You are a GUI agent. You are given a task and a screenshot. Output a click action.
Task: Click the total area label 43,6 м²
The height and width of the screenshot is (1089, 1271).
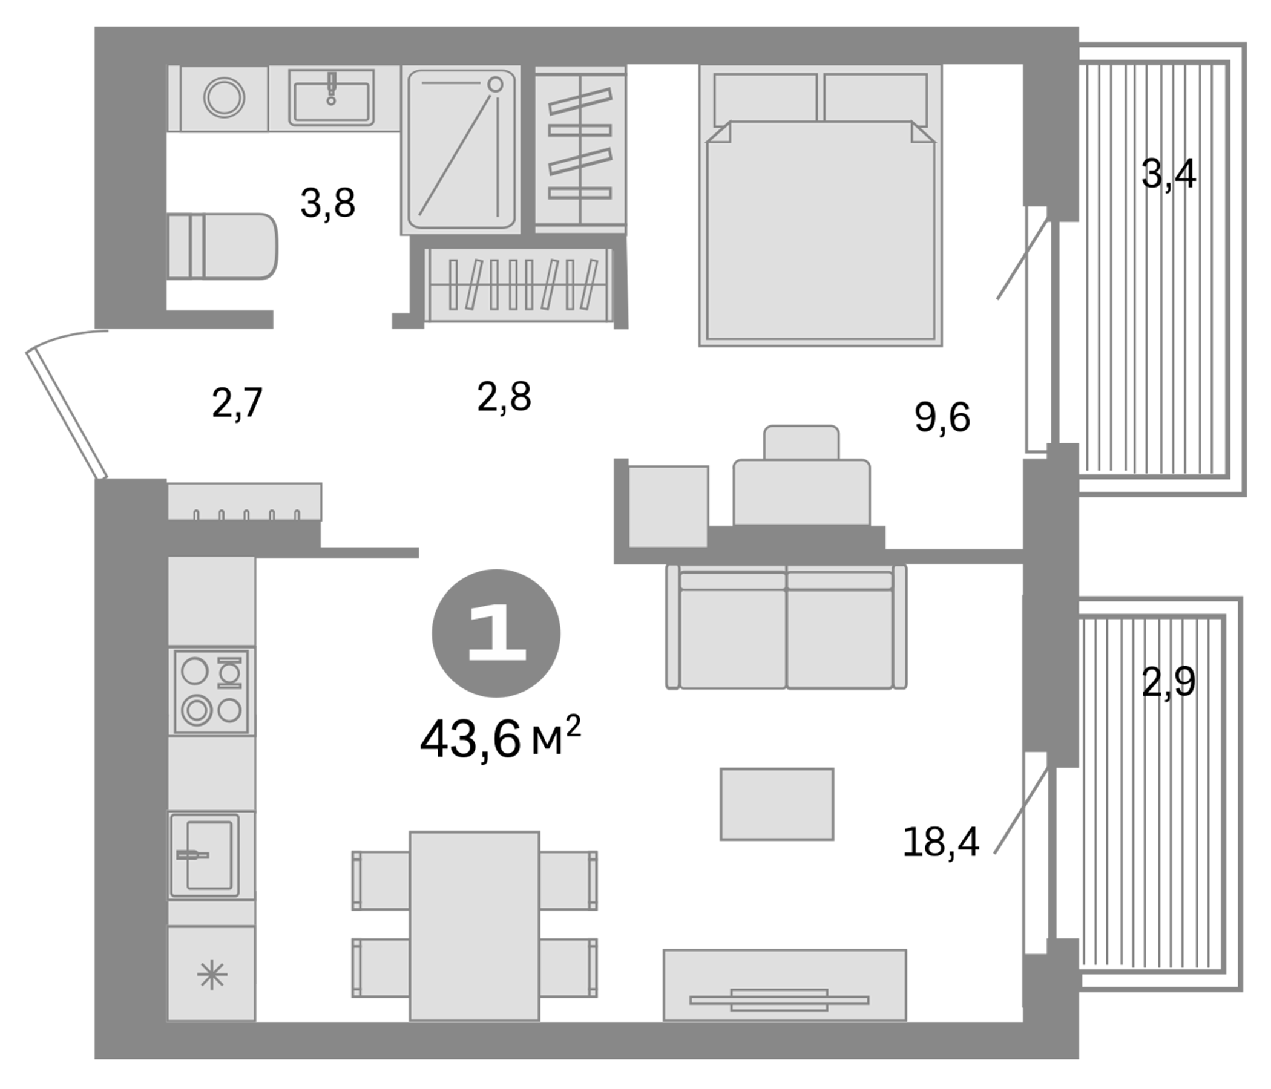pos(499,739)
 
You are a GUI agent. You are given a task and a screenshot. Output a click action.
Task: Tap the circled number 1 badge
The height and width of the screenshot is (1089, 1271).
pos(496,633)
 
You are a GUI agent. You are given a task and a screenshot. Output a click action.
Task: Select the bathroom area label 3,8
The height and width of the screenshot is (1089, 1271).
pos(327,203)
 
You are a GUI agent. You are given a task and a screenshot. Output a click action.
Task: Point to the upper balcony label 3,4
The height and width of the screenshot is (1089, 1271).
pos(1168,174)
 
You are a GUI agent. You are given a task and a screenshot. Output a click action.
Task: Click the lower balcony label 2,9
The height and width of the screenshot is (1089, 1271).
pos(1168,682)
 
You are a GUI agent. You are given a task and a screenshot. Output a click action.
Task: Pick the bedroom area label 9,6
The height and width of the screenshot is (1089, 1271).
pos(942,417)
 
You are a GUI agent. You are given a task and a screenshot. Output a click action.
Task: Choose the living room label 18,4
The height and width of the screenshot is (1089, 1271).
pos(941,842)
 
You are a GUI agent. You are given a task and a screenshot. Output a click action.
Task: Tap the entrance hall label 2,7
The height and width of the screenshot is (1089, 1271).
pos(237,404)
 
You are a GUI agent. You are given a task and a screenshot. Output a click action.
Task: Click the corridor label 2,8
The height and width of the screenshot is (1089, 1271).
pos(504,397)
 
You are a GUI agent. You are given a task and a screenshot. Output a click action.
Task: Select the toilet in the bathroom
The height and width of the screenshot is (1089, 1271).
pos(224,246)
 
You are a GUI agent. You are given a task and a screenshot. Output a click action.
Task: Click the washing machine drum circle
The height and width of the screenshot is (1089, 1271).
pos(225,97)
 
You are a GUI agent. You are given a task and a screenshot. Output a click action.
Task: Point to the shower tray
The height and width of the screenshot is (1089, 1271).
pos(461,149)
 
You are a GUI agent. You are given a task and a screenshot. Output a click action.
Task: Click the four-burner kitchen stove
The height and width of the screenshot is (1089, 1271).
pos(212,692)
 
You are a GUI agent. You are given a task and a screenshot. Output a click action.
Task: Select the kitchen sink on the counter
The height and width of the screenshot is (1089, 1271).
pos(205,855)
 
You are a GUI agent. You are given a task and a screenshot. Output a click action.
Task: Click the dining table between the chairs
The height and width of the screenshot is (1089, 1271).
pos(474,926)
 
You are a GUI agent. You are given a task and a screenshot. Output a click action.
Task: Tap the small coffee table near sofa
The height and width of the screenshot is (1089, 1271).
pos(777,804)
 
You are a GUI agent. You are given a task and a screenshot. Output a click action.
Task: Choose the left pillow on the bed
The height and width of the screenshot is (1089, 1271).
pos(765,98)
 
